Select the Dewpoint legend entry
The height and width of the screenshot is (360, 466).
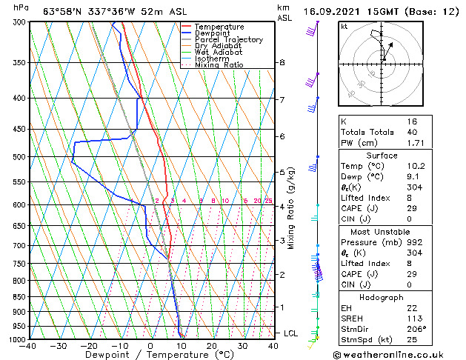(213, 33)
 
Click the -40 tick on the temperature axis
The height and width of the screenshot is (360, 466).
(28, 346)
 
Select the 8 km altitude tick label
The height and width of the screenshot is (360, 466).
(282, 63)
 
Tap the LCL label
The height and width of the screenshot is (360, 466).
(290, 333)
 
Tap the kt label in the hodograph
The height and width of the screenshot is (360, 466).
(344, 26)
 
